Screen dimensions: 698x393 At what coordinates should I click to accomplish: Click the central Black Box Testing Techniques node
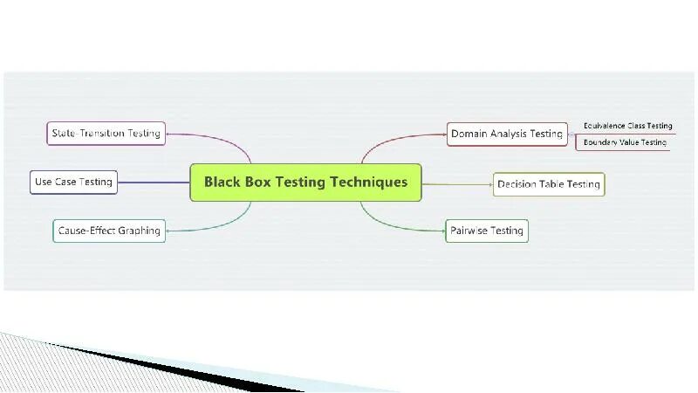305,183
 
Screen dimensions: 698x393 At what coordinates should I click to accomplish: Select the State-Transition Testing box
106,134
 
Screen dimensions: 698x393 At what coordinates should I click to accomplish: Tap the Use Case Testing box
73,182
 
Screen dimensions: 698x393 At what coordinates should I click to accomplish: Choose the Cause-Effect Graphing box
109,231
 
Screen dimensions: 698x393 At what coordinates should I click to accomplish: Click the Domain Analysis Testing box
506,134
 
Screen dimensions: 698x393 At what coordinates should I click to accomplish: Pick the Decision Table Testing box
549,184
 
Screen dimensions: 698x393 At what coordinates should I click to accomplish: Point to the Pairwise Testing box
487,231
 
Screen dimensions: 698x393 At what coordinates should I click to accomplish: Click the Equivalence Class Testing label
627,126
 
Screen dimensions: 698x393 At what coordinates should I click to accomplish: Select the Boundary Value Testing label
625,141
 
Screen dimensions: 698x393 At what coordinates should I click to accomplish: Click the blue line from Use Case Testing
154,182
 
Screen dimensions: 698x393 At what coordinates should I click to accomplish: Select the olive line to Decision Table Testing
457,184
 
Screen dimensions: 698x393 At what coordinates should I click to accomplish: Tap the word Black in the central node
222,183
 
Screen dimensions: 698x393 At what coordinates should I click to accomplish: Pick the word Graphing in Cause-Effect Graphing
139,231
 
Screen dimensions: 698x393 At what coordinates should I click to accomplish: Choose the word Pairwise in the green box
472,231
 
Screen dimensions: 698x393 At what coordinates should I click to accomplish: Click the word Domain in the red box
469,134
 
